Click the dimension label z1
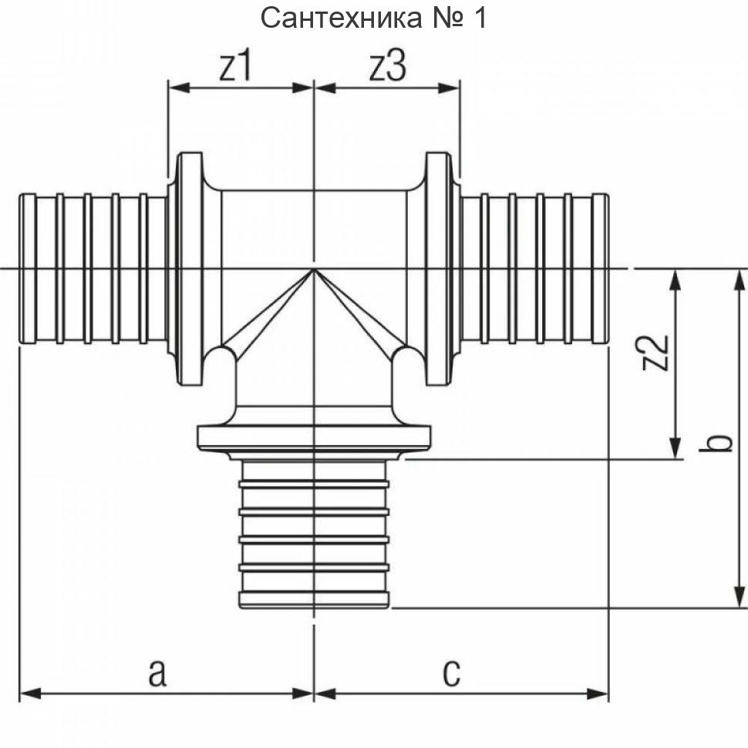coord(236,68)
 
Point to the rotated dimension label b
coord(719,443)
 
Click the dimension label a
coord(157,672)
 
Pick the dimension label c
coord(451,672)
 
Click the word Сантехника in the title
coord(342,17)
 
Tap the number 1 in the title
coord(479,17)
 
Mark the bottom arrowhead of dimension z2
coord(676,448)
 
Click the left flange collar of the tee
coord(188,268)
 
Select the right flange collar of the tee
coord(438,268)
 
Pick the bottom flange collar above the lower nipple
coord(314,437)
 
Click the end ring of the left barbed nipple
coord(28,268)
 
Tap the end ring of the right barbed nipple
coord(600,268)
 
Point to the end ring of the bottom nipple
coord(314,600)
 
